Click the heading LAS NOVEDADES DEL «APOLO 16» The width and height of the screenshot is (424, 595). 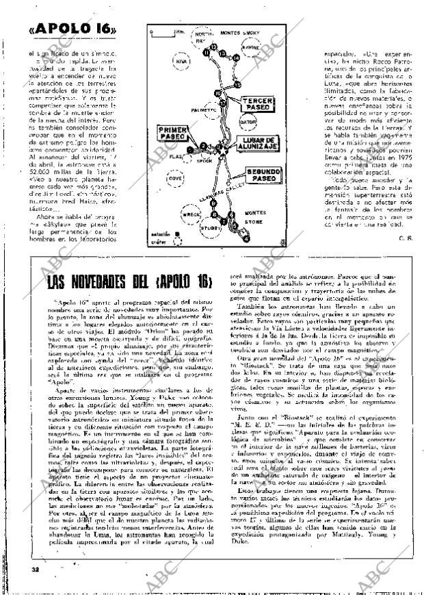coord(130,283)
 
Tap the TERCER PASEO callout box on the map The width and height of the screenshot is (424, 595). coord(257,103)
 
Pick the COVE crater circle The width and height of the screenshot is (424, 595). coord(174,177)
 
